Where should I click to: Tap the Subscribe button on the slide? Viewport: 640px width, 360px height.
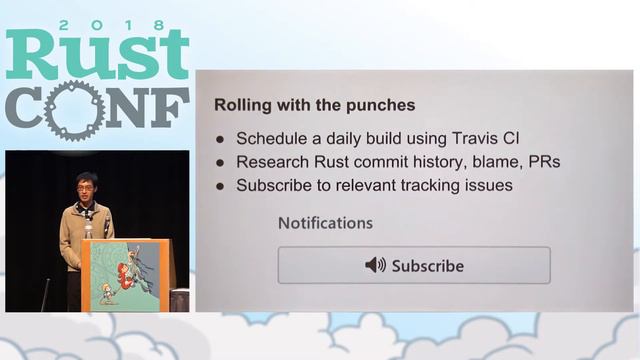414,265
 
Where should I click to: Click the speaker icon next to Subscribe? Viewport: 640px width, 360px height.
375,265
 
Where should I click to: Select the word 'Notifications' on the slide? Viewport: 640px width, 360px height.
325,222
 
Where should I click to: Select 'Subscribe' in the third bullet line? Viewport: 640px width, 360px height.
273,185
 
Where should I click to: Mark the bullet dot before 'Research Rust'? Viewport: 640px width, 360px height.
220,162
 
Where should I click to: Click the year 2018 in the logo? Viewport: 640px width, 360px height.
97,23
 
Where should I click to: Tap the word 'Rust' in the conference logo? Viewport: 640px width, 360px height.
97,56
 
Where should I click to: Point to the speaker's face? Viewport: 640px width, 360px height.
86,188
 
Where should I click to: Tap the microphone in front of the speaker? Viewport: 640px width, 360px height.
89,226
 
